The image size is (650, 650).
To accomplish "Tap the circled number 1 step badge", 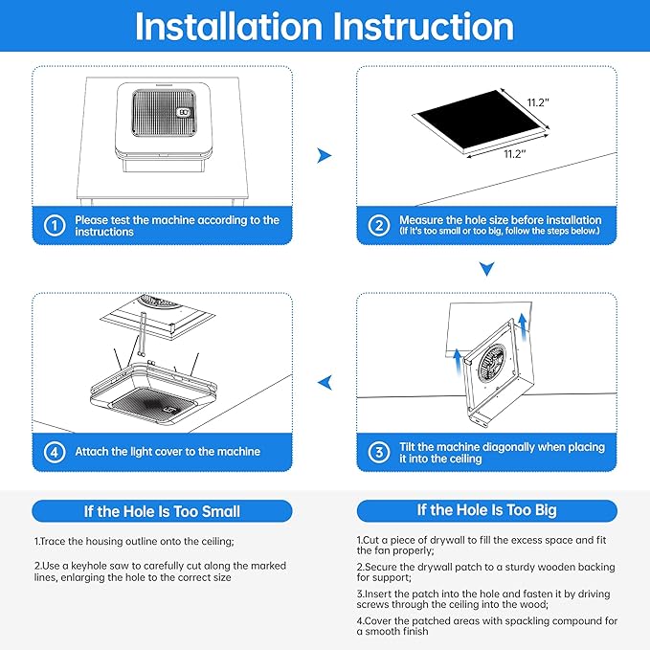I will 56,226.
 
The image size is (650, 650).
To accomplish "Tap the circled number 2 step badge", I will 380,226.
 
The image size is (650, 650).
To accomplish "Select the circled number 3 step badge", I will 380,453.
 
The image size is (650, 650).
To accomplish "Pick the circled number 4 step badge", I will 56,451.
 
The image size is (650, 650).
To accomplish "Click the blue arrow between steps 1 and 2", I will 325,155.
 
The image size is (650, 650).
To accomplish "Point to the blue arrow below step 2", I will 487,271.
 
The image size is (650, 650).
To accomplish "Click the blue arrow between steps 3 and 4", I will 325,383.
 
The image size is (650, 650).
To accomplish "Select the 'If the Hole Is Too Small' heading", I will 162,511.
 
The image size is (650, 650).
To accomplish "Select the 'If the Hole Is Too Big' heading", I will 486,510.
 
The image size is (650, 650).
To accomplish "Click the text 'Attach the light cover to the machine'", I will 168,451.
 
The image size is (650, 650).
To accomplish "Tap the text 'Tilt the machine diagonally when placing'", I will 502,447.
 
